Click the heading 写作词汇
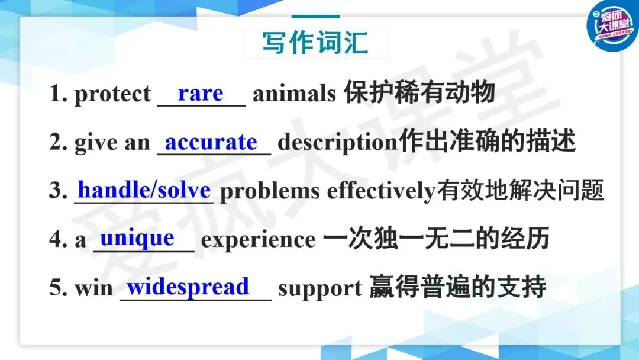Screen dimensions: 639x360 point(315,43)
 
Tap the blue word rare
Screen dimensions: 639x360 point(201,94)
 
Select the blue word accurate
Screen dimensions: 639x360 point(211,142)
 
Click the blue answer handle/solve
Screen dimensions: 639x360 point(144,189)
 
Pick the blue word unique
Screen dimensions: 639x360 point(137,239)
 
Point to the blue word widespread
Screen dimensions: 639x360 point(188,287)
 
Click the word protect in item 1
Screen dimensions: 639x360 point(112,94)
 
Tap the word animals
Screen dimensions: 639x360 point(294,94)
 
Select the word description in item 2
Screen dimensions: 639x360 point(338,142)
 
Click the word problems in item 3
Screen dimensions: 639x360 point(270,191)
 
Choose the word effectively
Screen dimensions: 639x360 point(382,191)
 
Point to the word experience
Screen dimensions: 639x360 point(259,240)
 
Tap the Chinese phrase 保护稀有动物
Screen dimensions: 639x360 point(419,92)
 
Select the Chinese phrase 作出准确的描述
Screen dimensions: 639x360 point(487,141)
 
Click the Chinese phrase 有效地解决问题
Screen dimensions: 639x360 point(520,190)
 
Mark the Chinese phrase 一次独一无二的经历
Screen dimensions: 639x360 point(436,239)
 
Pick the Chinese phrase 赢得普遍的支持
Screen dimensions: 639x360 point(457,287)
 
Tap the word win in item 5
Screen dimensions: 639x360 point(93,288)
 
